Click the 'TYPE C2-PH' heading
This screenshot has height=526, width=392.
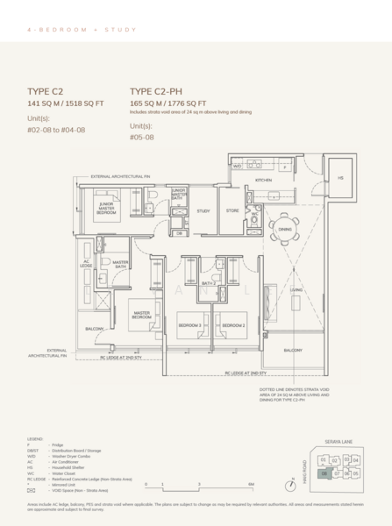click(x=162, y=90)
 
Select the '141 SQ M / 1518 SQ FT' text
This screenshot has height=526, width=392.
click(x=65, y=103)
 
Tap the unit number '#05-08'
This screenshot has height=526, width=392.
click(x=143, y=138)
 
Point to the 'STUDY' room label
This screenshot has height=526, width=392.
click(x=203, y=211)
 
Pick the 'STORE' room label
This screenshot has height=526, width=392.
click(x=233, y=211)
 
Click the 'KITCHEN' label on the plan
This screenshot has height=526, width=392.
click(x=264, y=180)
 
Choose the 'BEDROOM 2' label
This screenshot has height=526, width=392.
click(x=232, y=325)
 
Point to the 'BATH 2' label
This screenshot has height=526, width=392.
click(x=208, y=284)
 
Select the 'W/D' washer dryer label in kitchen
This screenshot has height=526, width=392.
click(x=237, y=166)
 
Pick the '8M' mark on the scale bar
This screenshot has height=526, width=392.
click(x=250, y=484)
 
